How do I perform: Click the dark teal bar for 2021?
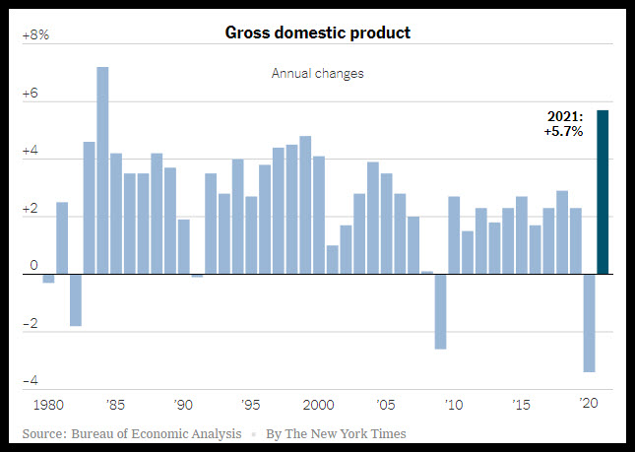603,192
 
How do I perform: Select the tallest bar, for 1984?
102,170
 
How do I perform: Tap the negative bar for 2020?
590,323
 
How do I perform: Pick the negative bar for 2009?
441,312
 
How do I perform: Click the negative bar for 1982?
76,300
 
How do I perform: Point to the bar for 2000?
319,215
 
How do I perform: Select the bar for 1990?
183,246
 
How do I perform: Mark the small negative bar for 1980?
48,279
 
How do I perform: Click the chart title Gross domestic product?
317,32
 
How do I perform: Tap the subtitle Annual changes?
317,73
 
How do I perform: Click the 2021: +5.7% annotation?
563,124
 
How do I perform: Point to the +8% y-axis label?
35,35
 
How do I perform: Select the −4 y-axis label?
31,381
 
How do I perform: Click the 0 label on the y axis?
33,265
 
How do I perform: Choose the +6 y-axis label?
30,94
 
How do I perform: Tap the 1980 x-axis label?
48,405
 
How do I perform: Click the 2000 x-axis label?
319,405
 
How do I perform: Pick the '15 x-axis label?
521,404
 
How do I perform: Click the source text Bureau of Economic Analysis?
157,433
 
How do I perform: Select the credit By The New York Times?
336,433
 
